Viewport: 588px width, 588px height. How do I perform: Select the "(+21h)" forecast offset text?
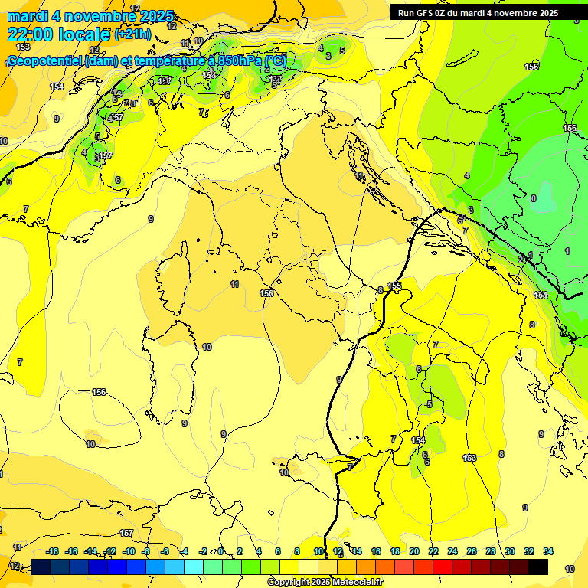(132, 34)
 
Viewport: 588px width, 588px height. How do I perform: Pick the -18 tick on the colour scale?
(52, 551)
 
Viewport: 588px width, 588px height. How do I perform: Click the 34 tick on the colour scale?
(547, 551)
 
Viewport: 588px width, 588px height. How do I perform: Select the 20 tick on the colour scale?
(413, 551)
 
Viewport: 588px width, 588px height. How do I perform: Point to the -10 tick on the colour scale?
(129, 551)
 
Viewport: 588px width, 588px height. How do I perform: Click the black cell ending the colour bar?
(538, 567)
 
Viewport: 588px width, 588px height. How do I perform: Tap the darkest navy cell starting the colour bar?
(41, 567)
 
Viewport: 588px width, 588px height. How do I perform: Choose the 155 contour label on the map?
(394, 286)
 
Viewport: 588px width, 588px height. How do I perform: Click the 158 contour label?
(531, 67)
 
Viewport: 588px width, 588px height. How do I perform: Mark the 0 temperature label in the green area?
(534, 198)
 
